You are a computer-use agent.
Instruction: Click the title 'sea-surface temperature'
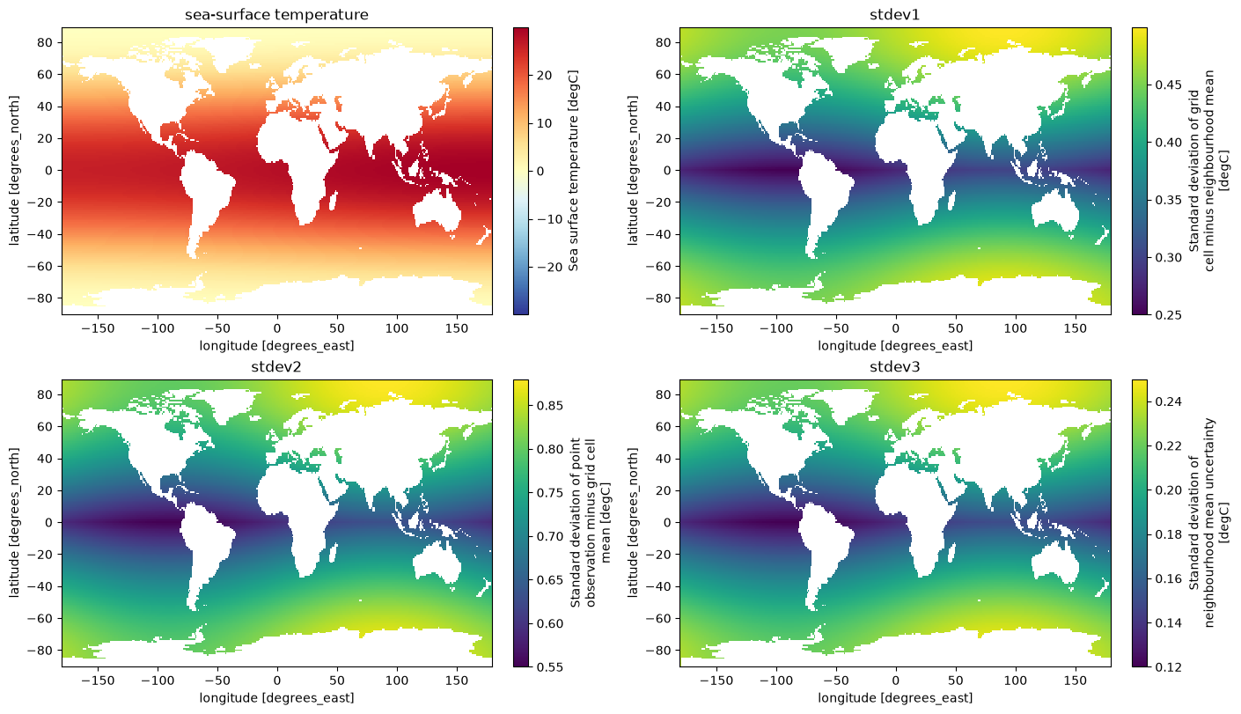coord(276,14)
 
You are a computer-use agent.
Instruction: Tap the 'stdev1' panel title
coord(895,14)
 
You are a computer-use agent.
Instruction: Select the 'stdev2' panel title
coord(276,367)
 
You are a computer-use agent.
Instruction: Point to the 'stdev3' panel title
coord(895,367)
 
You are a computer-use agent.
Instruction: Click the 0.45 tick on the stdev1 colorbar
coord(1168,85)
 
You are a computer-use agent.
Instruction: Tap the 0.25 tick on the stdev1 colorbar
coord(1168,315)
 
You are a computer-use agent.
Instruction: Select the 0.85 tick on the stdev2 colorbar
coord(549,405)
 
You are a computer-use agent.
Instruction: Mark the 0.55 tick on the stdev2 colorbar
coord(549,666)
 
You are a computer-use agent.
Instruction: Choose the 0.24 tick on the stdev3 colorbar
coord(1168,401)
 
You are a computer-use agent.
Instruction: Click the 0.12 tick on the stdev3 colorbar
coord(1168,666)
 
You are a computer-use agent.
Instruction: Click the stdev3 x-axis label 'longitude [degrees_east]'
coord(895,698)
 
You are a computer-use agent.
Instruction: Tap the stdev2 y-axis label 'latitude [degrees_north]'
coord(14,523)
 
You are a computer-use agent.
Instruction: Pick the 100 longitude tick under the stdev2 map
coord(397,681)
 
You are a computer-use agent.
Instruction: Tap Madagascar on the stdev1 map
coord(951,202)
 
